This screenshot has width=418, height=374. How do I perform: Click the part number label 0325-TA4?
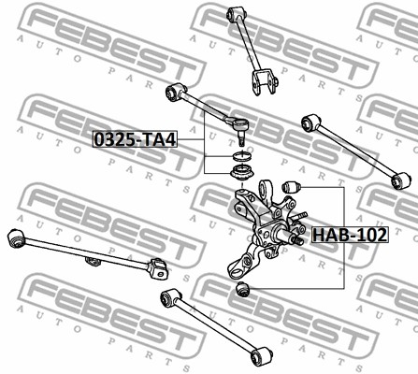[136, 139]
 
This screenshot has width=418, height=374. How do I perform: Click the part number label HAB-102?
[350, 235]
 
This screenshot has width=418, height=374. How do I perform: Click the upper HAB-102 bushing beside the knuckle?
[291, 186]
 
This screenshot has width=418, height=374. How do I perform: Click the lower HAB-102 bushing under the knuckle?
[243, 289]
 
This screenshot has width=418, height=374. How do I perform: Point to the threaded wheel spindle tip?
[298, 240]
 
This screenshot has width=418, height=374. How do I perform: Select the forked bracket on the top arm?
[265, 82]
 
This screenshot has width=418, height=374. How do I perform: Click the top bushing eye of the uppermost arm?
[237, 13]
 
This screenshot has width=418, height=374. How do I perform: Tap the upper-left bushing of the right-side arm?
[311, 122]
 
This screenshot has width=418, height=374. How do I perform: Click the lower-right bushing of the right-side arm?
[401, 180]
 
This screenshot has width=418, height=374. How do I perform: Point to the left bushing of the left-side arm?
[16, 237]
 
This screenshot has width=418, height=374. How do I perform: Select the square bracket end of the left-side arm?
[159, 268]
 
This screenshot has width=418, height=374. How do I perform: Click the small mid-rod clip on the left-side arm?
[93, 261]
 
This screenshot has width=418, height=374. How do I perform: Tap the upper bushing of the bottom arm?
[170, 298]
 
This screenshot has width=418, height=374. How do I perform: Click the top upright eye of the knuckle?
[265, 189]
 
